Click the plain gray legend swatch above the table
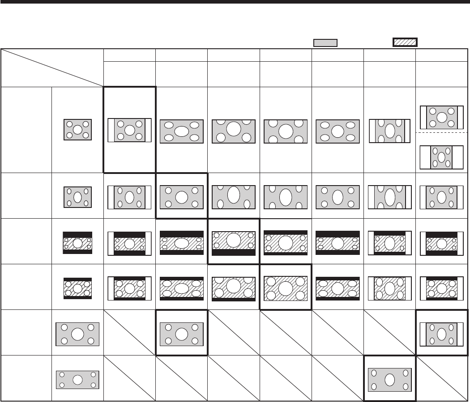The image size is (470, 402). [325, 42]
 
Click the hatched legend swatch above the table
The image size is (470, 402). [405, 42]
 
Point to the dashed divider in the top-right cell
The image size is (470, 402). [442, 133]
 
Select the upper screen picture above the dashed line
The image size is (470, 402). [442, 117]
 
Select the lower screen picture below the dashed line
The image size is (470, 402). [442, 157]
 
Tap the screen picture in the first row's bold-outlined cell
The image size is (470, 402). [129, 130]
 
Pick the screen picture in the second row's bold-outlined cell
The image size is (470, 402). [181, 197]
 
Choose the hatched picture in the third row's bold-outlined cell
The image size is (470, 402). [233, 242]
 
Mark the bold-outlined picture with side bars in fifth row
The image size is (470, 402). [442, 334]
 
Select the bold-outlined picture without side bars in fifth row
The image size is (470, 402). [181, 334]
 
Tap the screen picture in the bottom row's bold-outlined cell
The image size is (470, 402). [389, 379]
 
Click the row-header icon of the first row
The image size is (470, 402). [77, 130]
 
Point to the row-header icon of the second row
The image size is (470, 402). [77, 197]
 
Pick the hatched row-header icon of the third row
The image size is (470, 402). [77, 243]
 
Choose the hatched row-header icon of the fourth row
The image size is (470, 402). [77, 288]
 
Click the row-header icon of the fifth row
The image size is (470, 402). [77, 334]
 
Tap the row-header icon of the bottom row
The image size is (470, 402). [77, 380]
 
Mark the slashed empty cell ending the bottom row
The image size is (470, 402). [442, 379]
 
